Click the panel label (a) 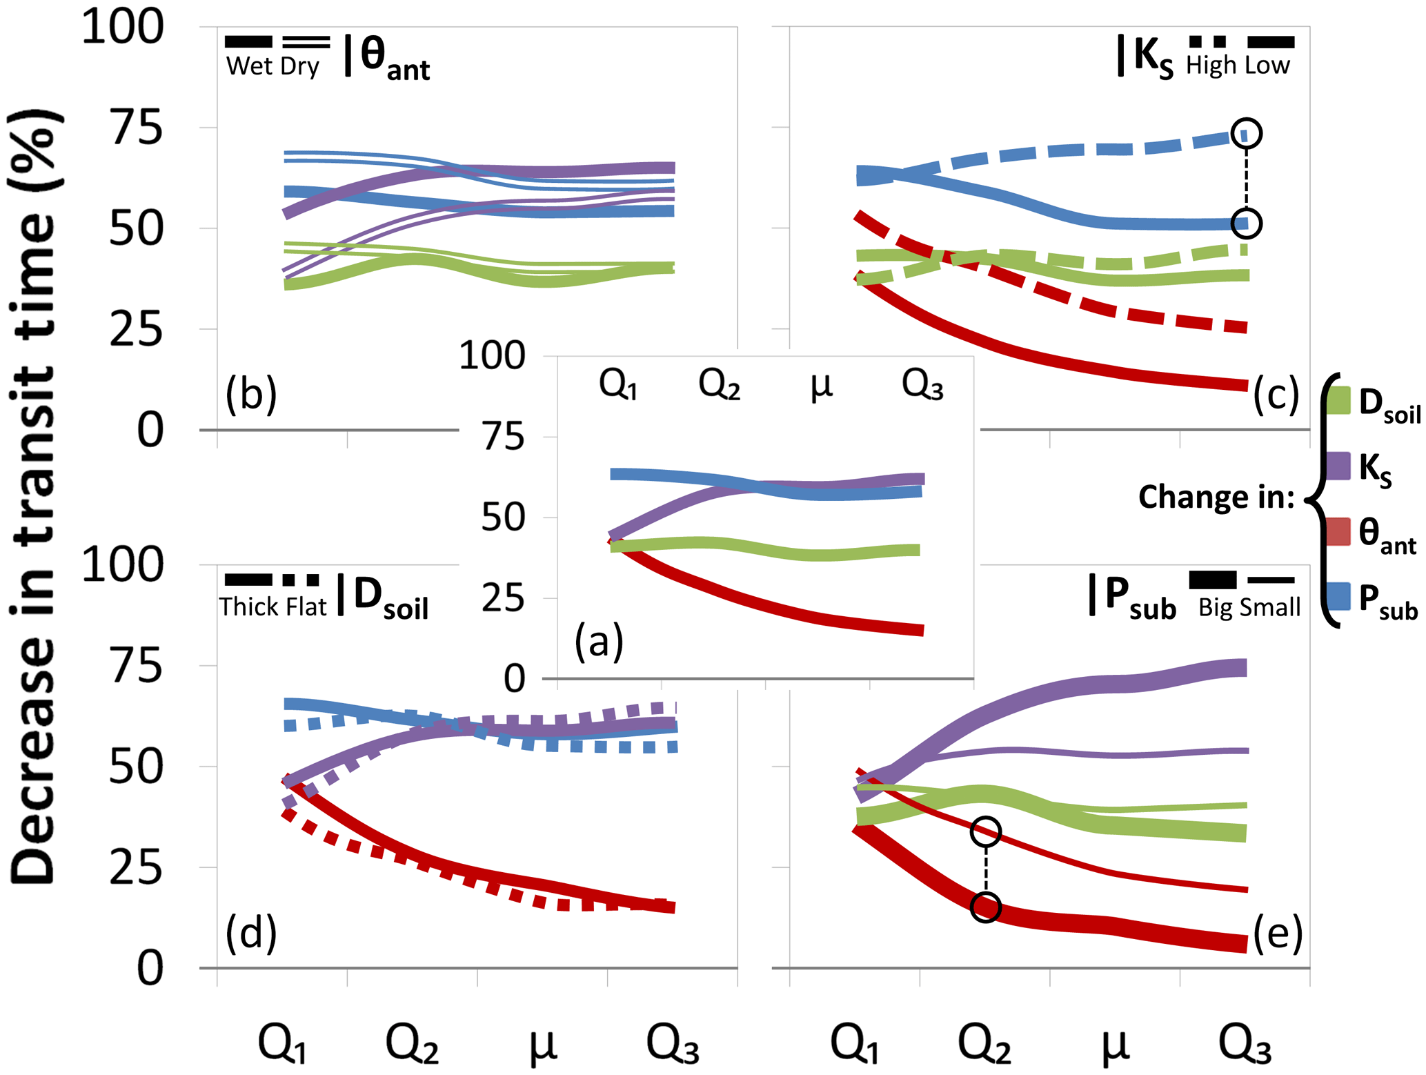599,640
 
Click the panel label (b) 251,394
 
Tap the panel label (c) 1276,395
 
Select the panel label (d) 251,933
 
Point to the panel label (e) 1278,933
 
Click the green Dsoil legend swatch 1338,400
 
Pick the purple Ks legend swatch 1338,466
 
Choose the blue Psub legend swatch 1338,596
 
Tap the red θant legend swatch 1338,531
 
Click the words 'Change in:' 1216,497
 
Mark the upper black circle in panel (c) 1246,133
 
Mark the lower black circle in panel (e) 985,907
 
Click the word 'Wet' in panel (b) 249,67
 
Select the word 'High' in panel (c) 1211,66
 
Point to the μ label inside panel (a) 821,385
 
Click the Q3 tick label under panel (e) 1245,1045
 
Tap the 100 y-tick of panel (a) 493,357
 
